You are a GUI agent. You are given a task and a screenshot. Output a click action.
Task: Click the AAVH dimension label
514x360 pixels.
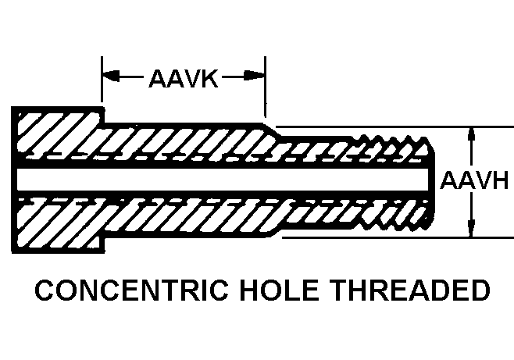474,181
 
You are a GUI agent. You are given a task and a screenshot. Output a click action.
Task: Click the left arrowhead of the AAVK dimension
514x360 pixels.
110,77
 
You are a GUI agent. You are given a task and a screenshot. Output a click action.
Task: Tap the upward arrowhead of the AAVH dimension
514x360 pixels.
471,134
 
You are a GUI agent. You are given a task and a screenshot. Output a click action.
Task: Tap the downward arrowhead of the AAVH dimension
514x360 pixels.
471,229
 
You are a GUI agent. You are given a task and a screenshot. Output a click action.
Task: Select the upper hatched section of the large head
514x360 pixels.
55,137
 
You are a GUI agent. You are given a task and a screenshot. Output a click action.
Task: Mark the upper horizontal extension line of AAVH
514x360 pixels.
469,127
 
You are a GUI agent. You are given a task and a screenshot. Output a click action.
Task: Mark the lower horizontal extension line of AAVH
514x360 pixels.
469,237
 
